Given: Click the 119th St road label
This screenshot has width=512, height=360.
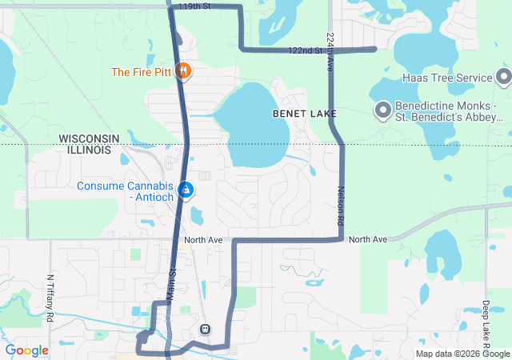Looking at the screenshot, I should point(194,6).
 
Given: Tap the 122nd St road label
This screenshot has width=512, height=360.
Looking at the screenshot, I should point(305,51).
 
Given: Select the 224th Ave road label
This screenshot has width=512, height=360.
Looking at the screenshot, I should point(330,53).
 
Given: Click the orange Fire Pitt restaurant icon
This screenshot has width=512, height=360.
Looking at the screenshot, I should point(185,71).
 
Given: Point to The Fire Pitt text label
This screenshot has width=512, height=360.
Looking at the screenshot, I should point(142,72).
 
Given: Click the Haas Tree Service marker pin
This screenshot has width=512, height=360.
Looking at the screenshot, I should point(504,77).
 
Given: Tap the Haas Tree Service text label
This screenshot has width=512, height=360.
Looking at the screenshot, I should point(446,78).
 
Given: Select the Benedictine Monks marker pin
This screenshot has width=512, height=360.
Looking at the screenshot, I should point(382,110).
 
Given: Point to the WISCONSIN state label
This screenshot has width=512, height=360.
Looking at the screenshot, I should point(90,138).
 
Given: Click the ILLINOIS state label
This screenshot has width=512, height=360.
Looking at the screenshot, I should point(89,150).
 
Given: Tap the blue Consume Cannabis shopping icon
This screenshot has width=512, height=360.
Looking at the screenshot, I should point(186,190).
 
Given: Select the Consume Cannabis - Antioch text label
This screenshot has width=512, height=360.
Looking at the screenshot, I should point(125,192).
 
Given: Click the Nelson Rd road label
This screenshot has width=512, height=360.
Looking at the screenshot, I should point(340,205).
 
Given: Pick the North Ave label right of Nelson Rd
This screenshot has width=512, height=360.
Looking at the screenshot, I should point(368,239).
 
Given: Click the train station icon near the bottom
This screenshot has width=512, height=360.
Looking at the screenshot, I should point(205,330).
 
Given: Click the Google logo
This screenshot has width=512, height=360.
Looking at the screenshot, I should point(26,350).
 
